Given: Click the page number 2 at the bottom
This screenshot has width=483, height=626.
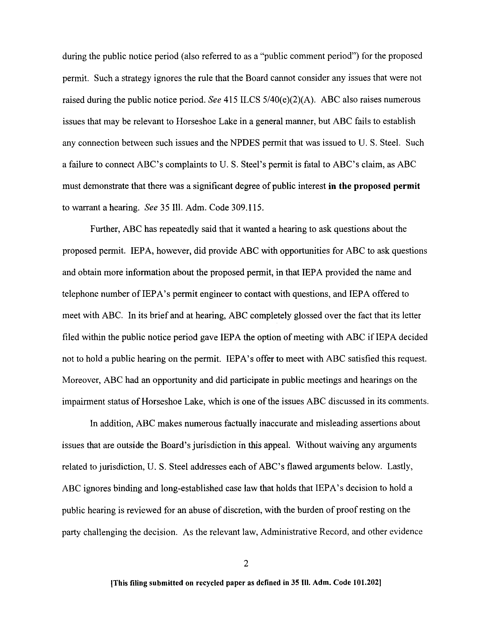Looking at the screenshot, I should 245,564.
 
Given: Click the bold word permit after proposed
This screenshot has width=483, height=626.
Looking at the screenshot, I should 406,186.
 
